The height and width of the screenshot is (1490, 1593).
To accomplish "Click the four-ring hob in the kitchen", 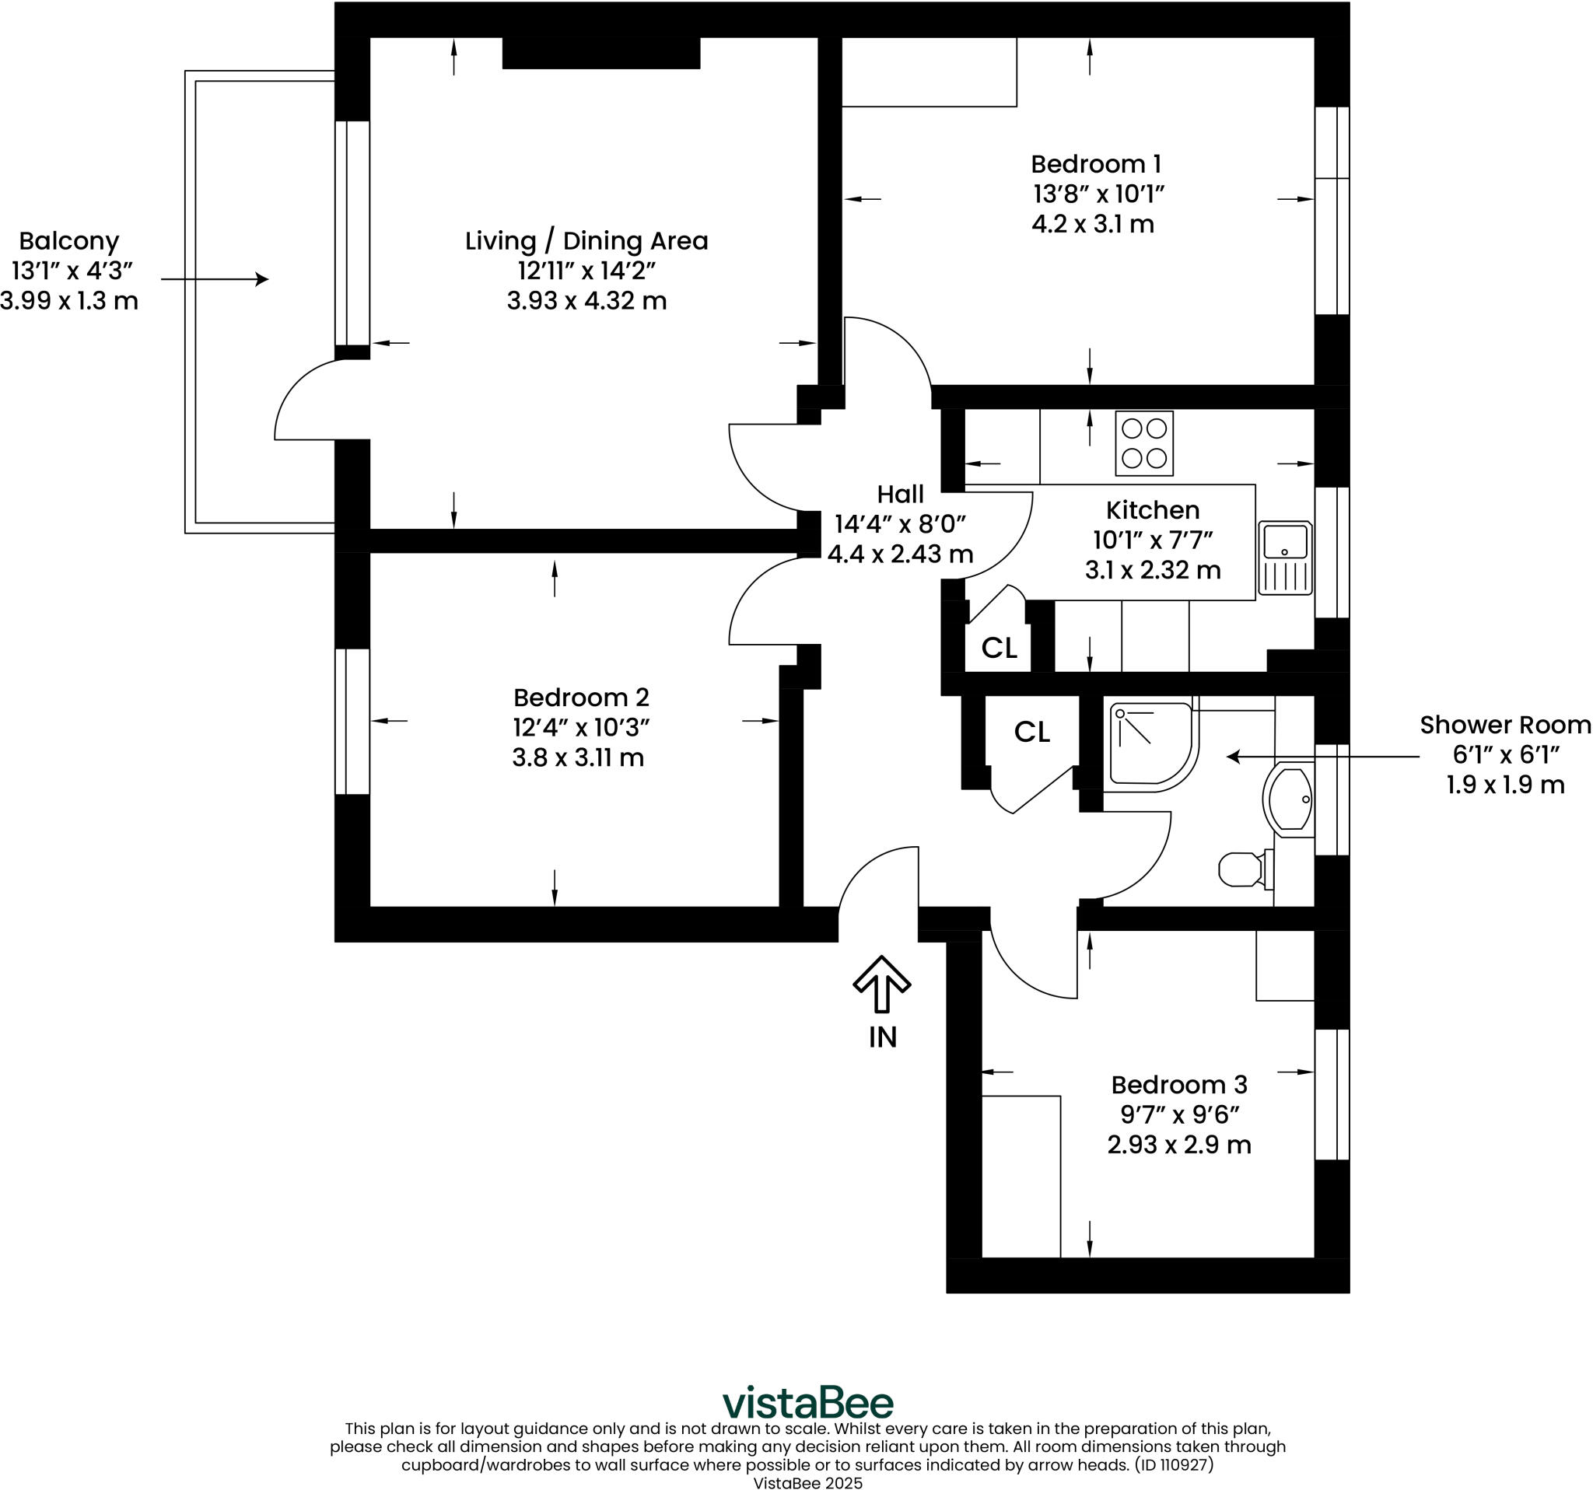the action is pos(1144,443).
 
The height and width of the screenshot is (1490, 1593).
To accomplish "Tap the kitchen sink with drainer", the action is pos(1285,558).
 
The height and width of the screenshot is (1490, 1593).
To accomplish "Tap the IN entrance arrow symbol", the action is pos(881,984).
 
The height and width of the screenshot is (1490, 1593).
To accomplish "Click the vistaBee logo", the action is pos(807,1403).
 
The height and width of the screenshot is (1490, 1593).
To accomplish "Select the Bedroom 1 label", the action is pos(1095,164).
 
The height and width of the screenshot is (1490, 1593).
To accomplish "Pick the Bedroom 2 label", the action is pos(581,698).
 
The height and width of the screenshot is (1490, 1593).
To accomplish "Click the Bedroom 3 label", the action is pos(1178,1085).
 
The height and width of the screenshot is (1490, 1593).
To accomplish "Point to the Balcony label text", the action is pos(69,241).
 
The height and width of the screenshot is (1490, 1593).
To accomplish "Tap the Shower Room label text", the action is pos(1505,725).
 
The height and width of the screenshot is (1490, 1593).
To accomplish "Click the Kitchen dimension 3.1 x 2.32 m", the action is pos(1153,570).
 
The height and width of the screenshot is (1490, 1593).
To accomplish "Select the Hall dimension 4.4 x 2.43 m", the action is pos(900,554).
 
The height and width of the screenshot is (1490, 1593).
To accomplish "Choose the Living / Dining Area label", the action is pos(586,241).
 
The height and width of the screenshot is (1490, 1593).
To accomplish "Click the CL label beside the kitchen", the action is pos(1000,648).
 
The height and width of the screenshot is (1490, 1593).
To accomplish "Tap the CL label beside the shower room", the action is pos(1032,731).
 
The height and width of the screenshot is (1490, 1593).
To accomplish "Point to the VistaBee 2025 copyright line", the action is pos(807,1483).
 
